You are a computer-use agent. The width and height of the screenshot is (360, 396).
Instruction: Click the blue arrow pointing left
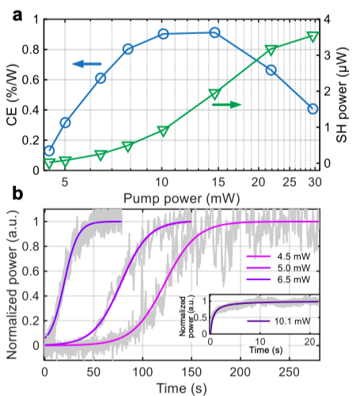coord(87,64)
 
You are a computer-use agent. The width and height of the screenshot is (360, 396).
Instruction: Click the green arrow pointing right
coord(227,105)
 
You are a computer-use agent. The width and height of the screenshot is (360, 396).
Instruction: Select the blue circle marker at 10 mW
coord(164,34)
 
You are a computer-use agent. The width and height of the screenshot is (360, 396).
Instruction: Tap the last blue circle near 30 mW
coord(313,109)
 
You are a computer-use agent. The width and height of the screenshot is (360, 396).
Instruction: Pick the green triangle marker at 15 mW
coord(214,94)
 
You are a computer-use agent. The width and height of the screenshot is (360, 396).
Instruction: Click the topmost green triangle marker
coord(313,36)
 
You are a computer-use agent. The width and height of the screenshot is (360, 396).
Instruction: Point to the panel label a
coord(17,16)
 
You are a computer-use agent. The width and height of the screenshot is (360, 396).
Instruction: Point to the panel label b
coord(17,193)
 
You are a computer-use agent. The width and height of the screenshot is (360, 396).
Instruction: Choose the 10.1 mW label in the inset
coord(292,322)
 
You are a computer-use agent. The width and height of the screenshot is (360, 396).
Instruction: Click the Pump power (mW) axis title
coord(182,199)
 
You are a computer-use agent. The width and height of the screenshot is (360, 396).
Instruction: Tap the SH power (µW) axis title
coord(342,95)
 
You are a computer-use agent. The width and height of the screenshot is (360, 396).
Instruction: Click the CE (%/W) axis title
coord(13,94)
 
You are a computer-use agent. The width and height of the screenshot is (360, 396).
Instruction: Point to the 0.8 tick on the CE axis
coord(30,50)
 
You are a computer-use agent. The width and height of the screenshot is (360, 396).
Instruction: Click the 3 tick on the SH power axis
coord(327,55)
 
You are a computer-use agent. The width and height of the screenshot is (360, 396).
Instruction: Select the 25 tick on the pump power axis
coord(290,182)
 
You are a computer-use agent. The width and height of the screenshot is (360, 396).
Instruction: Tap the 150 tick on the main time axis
coord(191,372)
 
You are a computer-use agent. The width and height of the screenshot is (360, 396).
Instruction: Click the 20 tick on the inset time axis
coord(309,342)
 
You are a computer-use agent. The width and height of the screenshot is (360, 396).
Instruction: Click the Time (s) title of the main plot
coord(182,388)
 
